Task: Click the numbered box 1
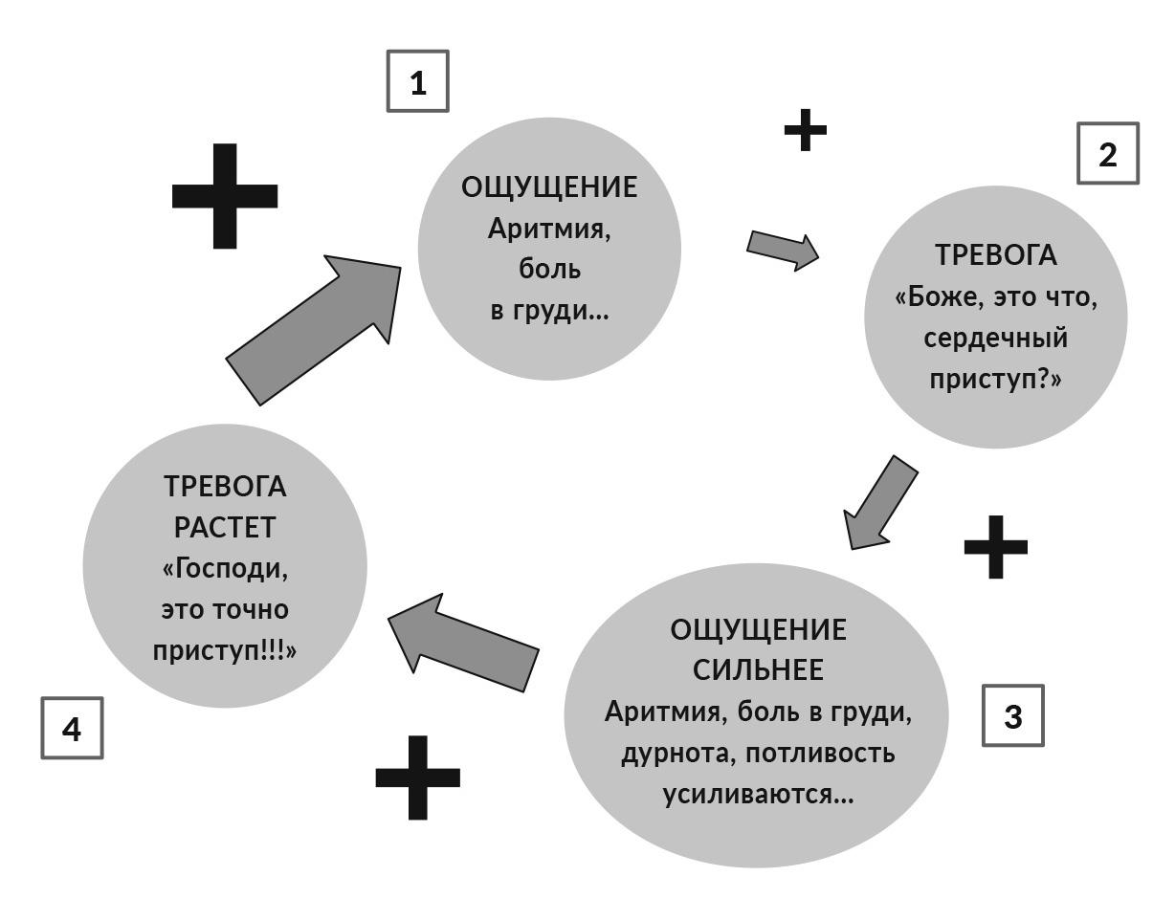[x=417, y=82]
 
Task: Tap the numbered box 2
[x=1108, y=153]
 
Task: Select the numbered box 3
[x=1013, y=715]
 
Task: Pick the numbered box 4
[x=72, y=729]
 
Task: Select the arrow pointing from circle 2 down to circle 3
[x=879, y=503]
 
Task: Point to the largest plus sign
[x=225, y=196]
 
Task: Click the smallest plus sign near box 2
[x=805, y=130]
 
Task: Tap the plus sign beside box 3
[x=995, y=547]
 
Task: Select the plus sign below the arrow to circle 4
[x=417, y=777]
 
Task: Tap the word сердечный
[x=996, y=339]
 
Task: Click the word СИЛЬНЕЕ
[x=758, y=670]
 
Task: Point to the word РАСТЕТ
[x=225, y=527]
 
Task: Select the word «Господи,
[x=225, y=568]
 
